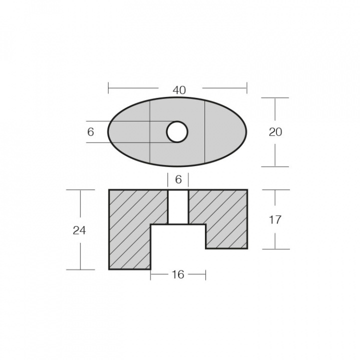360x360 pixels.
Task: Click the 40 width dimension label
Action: pyautogui.click(x=179, y=90)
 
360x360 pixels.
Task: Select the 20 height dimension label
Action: pyautogui.click(x=275, y=132)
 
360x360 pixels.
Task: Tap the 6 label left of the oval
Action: pyautogui.click(x=90, y=132)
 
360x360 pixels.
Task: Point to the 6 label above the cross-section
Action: pyautogui.click(x=178, y=179)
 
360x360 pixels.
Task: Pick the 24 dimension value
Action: pyautogui.click(x=79, y=230)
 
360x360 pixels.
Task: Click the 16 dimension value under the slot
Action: pyautogui.click(x=177, y=274)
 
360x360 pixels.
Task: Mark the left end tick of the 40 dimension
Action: pyautogui.click(x=108, y=89)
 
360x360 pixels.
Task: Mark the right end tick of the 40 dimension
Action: pyautogui.click(x=247, y=89)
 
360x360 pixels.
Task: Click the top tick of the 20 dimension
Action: pyautogui.click(x=275, y=98)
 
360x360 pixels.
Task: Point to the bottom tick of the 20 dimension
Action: pyautogui.click(x=275, y=166)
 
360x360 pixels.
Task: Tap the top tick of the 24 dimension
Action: pyautogui.click(x=80, y=190)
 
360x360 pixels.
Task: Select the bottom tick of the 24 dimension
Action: pyautogui.click(x=80, y=269)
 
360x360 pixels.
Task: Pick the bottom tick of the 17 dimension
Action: pyautogui.click(x=275, y=249)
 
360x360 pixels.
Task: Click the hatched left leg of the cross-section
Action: pyautogui.click(x=129, y=235)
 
